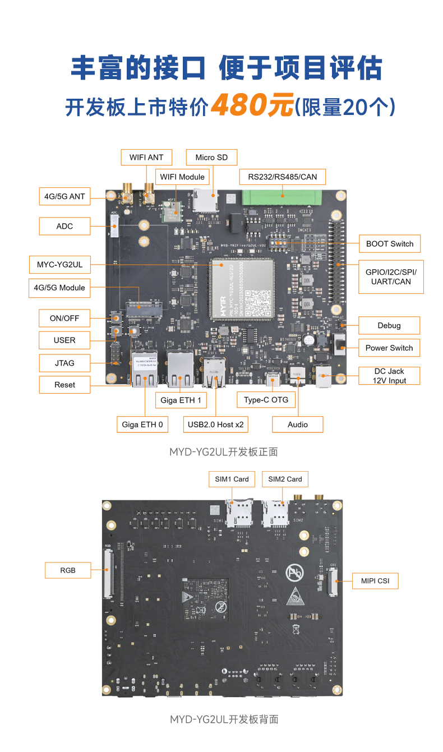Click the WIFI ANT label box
[146, 157]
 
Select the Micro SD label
[211, 157]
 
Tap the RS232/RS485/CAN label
[282, 177]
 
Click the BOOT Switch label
[389, 243]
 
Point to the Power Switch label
[389, 348]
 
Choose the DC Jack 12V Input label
[389, 376]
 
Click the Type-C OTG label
[266, 399]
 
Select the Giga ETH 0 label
[142, 425]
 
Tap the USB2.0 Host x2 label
[215, 425]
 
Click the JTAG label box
[64, 363]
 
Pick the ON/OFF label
[64, 318]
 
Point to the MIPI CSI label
[375, 580]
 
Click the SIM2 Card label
[285, 479]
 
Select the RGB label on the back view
[68, 570]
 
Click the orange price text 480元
[252, 105]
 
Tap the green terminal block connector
[282, 198]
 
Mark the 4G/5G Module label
[59, 288]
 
